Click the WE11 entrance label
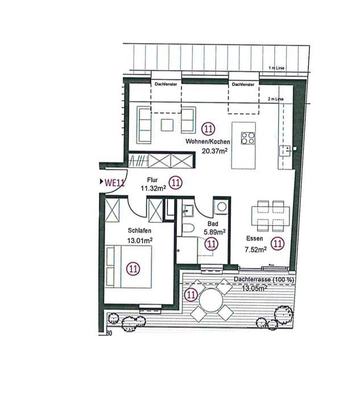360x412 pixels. tap(114, 182)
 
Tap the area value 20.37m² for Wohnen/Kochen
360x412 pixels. tap(214, 151)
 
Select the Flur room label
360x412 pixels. tap(152, 180)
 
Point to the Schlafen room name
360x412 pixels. tap(139, 230)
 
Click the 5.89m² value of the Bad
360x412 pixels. tap(214, 232)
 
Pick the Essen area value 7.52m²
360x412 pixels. tap(255, 249)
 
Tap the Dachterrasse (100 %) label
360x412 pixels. tap(264, 279)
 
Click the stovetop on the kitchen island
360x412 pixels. tap(248, 138)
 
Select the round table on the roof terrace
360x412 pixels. tap(211, 300)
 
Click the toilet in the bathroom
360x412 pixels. tap(188, 228)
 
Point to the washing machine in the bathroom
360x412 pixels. tap(222, 207)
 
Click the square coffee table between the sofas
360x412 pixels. tap(167, 125)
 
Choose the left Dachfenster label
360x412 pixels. tap(165, 84)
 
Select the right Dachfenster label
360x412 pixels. tap(243, 84)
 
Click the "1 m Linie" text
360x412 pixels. tap(276, 68)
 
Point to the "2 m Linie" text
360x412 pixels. tap(276, 99)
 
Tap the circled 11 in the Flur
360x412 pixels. tap(175, 183)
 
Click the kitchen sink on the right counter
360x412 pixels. tap(285, 151)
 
